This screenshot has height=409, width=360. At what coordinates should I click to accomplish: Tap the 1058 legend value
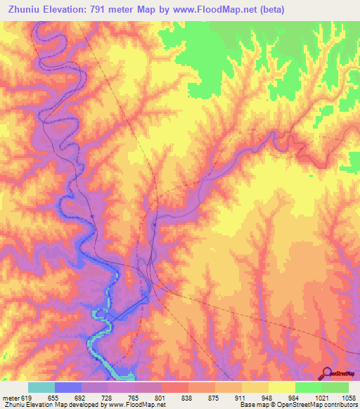pyautogui.click(x=348, y=398)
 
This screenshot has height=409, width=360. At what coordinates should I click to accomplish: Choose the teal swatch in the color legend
pyautogui.click(x=41, y=387)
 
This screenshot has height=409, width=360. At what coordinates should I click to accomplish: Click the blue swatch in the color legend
pyautogui.click(x=68, y=387)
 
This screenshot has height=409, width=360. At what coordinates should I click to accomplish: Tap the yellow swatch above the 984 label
pyautogui.click(x=282, y=387)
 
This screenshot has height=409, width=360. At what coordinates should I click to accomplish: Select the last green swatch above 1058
pyautogui.click(x=335, y=387)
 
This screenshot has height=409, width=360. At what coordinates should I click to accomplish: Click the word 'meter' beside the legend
pyautogui.click(x=10, y=398)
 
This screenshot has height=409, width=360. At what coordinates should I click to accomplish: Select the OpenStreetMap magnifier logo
pyautogui.click(x=326, y=373)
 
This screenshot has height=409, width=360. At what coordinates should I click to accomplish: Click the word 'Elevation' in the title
pyautogui.click(x=71, y=9)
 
